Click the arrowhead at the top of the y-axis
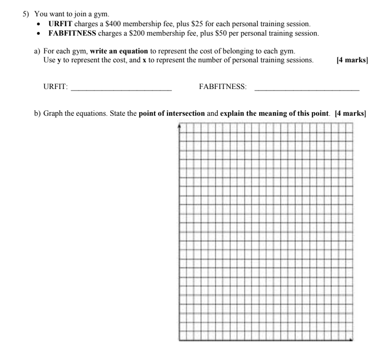pos(179,126)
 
